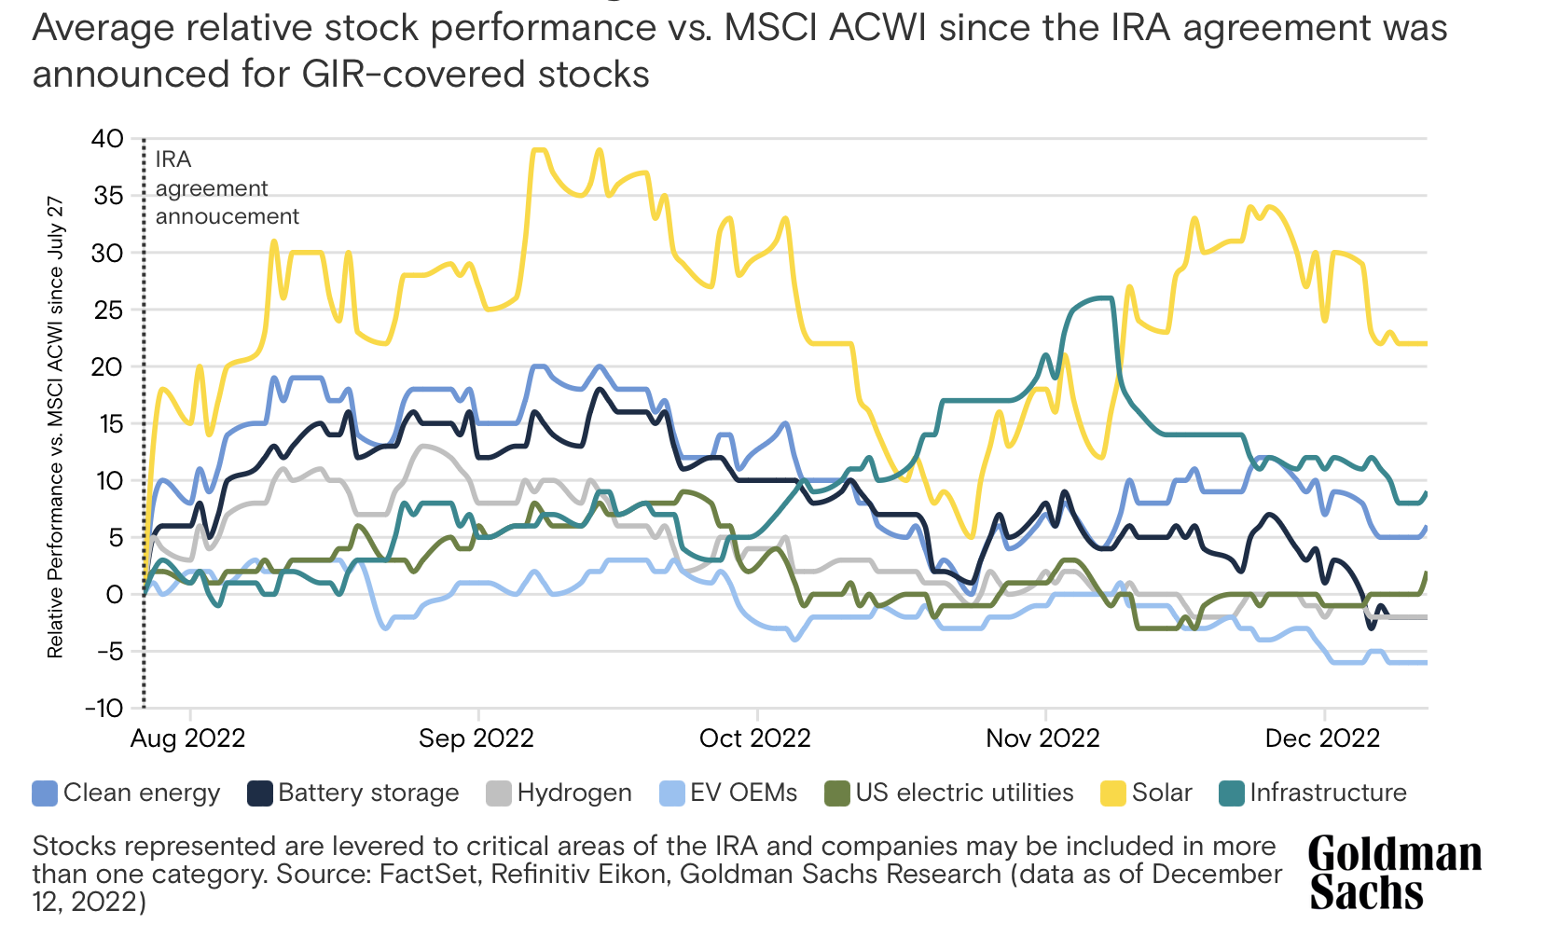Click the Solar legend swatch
[x=1113, y=793]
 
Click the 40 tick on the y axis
[x=107, y=139]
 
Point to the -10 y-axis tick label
[x=104, y=709]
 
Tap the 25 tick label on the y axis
[x=108, y=310]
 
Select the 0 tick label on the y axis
[x=115, y=595]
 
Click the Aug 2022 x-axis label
[x=187, y=738]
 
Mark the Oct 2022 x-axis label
[x=755, y=738]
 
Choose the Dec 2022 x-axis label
[x=1322, y=738]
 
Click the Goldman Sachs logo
[x=1394, y=874]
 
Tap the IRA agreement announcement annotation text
[x=227, y=188]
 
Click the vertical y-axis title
[x=56, y=426]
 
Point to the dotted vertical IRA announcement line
[x=144, y=420]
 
